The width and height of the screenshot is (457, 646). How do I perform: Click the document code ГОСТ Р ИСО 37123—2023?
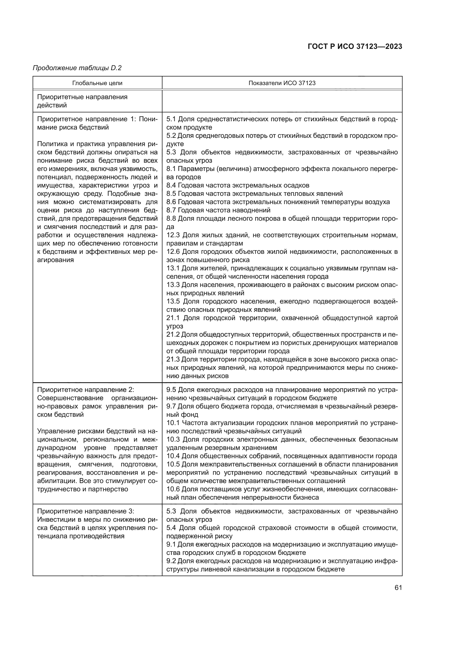355,46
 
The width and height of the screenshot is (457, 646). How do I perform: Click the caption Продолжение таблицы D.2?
77,68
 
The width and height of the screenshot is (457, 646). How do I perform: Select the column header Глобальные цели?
97,83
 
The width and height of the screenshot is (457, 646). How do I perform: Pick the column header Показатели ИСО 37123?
282,83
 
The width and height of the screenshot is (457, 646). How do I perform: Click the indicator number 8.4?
171,185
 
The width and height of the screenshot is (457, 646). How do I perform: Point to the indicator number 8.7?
171,210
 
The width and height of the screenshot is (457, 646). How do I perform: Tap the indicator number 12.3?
173,235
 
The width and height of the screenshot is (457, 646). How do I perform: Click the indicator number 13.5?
173,301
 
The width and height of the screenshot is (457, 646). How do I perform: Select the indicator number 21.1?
173,318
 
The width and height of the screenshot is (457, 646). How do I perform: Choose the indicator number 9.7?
171,406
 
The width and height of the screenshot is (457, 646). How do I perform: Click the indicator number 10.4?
173,456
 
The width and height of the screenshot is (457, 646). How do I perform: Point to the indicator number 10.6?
173,489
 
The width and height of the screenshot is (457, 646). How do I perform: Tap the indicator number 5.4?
171,528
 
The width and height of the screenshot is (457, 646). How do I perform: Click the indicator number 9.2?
171,561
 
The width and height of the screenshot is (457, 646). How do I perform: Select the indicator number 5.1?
171,119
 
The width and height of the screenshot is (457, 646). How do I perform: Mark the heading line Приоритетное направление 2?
86,390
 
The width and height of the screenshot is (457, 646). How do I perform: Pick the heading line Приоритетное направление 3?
86,511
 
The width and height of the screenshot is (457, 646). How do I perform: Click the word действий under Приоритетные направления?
52,106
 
